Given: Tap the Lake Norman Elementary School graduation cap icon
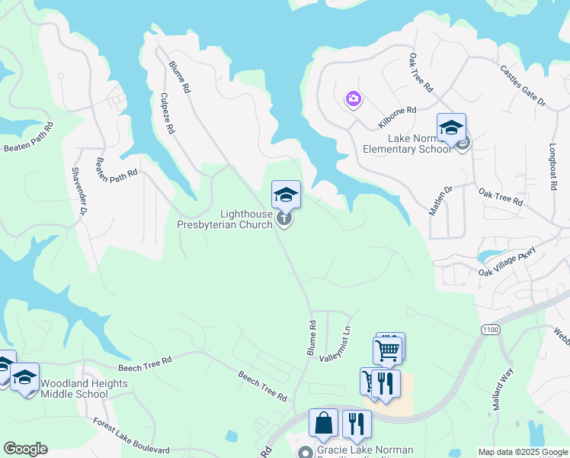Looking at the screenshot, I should coord(450,126).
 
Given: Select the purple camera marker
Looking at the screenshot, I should coord(353,98).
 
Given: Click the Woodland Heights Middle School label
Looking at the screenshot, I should coord(74,389).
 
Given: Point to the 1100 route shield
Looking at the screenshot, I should coord(490,328).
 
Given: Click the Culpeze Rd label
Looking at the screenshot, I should coord(168,114).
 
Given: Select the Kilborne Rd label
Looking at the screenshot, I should coord(397,117).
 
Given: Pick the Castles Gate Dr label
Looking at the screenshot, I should coord(523,85).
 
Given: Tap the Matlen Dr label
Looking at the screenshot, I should coord(440,200).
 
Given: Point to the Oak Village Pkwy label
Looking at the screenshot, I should coord(508,262).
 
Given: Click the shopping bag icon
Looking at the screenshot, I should coord(323,422).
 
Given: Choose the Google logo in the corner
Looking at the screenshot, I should coord(25,449).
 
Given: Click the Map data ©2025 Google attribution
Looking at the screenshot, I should coord(523,452).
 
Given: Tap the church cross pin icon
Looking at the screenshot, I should coord(284,220).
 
